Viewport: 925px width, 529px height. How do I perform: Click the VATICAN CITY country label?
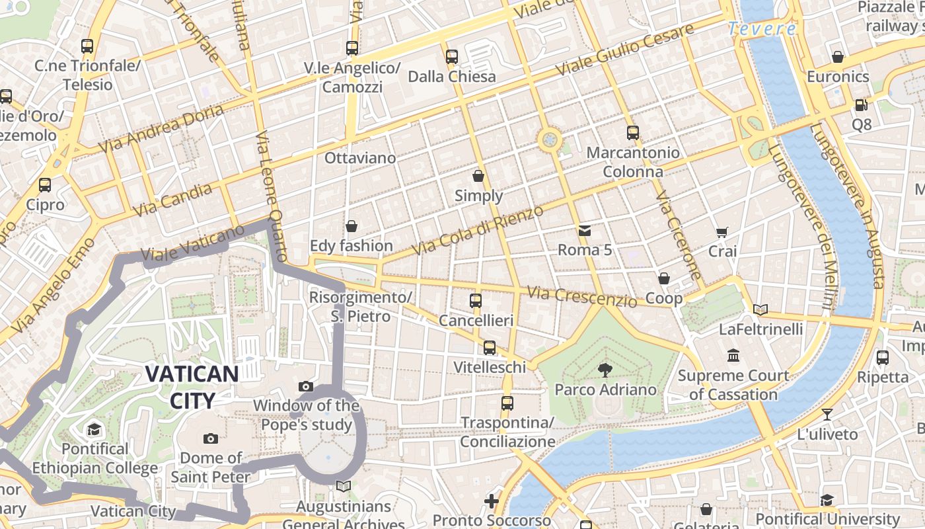pyautogui.click(x=192, y=387)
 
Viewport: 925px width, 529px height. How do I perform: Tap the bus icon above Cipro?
pyautogui.click(x=45, y=185)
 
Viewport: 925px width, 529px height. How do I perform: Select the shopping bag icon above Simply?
pyautogui.click(x=478, y=177)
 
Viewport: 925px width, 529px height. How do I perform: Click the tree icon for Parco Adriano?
pyautogui.click(x=605, y=370)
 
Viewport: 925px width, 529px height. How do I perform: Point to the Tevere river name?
pyautogui.click(x=762, y=29)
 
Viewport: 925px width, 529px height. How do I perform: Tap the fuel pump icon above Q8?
pyautogui.click(x=861, y=105)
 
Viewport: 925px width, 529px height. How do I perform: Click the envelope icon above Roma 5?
pyautogui.click(x=585, y=231)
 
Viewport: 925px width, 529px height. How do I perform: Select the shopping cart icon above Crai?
pyautogui.click(x=721, y=232)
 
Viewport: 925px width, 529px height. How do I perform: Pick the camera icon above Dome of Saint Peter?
pyautogui.click(x=211, y=438)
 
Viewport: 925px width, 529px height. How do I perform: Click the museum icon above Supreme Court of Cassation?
pyautogui.click(x=733, y=356)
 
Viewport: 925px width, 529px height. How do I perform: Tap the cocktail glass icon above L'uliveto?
pyautogui.click(x=827, y=415)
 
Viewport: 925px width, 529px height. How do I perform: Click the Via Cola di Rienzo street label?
pyautogui.click(x=477, y=230)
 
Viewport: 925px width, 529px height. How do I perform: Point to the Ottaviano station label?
pyautogui.click(x=360, y=158)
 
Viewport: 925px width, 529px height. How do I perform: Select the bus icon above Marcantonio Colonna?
pyautogui.click(x=633, y=133)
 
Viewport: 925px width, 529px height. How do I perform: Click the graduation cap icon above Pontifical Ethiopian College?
pyautogui.click(x=94, y=429)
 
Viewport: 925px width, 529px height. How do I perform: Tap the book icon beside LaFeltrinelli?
pyautogui.click(x=760, y=309)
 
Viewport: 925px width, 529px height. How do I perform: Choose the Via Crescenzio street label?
pyautogui.click(x=582, y=297)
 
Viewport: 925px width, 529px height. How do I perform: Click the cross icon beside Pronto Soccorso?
pyautogui.click(x=492, y=501)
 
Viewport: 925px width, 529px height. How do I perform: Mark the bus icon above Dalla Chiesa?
pyautogui.click(x=452, y=57)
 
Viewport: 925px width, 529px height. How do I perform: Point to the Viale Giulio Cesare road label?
pyautogui.click(x=624, y=50)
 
